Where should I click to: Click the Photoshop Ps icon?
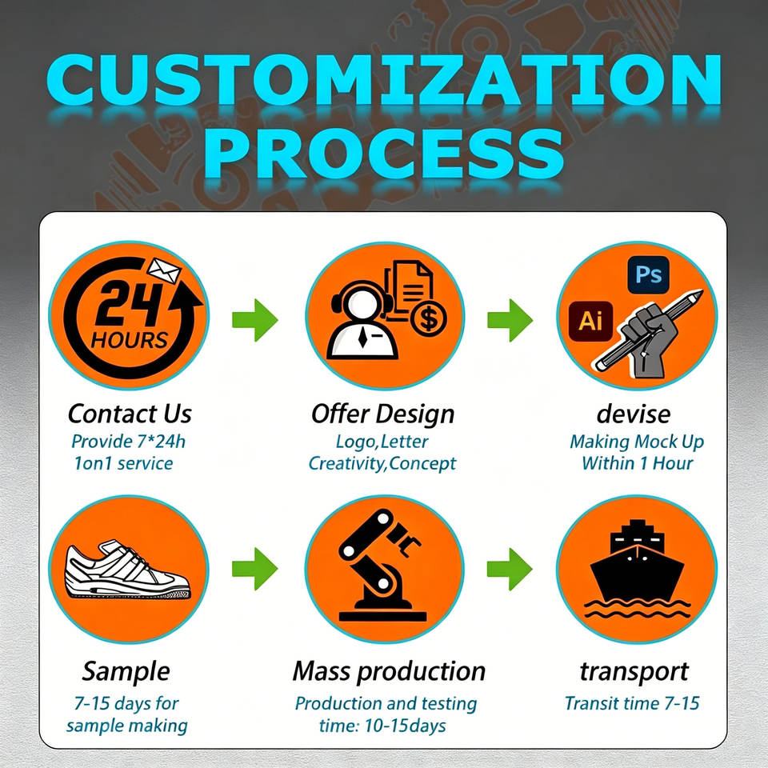click(648, 274)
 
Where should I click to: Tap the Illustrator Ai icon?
click(590, 322)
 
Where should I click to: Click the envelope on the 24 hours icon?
click(165, 271)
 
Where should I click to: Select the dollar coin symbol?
click(429, 319)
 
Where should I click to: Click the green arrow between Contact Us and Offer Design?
click(254, 320)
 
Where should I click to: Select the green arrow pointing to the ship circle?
click(510, 569)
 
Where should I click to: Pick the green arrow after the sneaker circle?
click(254, 569)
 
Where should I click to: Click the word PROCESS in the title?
click(383, 154)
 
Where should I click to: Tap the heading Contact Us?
click(130, 414)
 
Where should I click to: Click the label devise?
click(634, 414)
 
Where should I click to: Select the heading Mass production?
click(389, 671)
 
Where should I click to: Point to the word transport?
click(634, 672)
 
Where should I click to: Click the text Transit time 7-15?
click(632, 703)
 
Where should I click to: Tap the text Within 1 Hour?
click(638, 463)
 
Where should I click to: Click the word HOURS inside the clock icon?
click(130, 340)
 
